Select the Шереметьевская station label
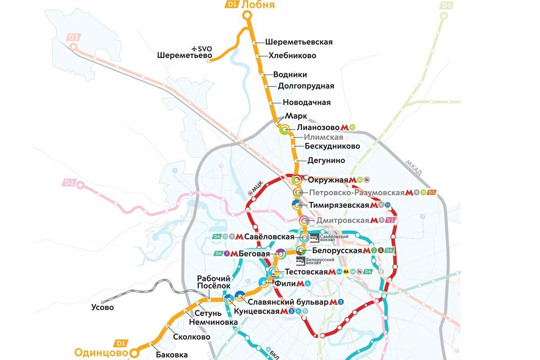299,42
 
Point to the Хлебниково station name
292,56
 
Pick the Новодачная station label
306,103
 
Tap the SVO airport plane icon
194,48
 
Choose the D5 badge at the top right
446,5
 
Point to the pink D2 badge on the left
69,183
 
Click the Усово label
102,308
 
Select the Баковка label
171,355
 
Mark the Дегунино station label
326,161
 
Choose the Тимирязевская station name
339,205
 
